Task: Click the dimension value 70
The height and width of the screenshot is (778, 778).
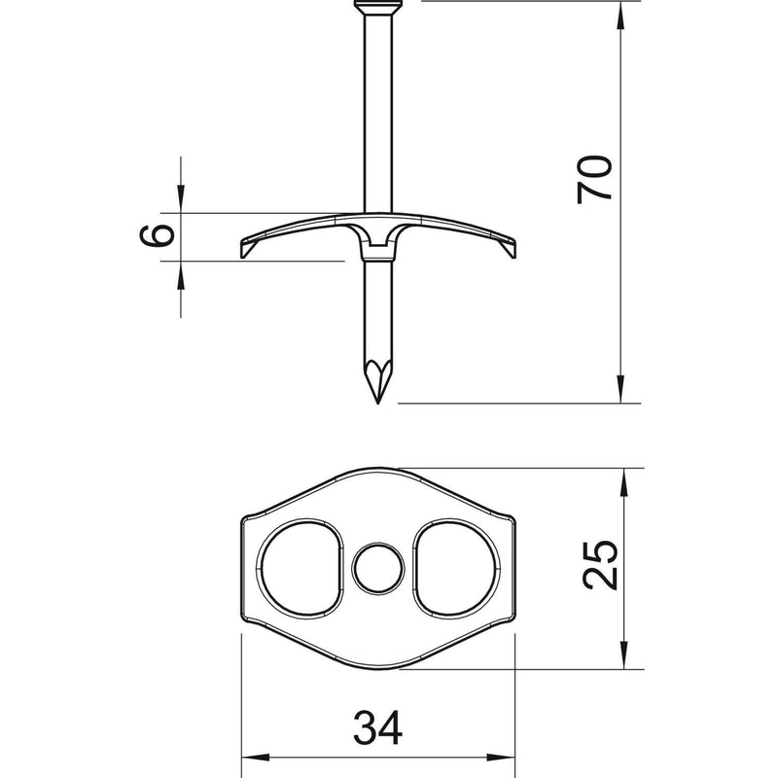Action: click(x=594, y=179)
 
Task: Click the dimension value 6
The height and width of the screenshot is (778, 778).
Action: click(x=158, y=235)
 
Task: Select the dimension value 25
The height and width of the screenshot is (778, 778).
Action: click(x=599, y=565)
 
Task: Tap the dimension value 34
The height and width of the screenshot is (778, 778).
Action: click(x=377, y=727)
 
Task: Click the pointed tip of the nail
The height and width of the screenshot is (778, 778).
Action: click(x=378, y=403)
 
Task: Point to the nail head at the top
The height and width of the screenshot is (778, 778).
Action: click(x=377, y=7)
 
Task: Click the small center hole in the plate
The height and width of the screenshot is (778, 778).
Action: click(x=378, y=569)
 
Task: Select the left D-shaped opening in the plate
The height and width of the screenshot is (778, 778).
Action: click(x=300, y=569)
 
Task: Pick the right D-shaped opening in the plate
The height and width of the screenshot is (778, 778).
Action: click(x=455, y=569)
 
